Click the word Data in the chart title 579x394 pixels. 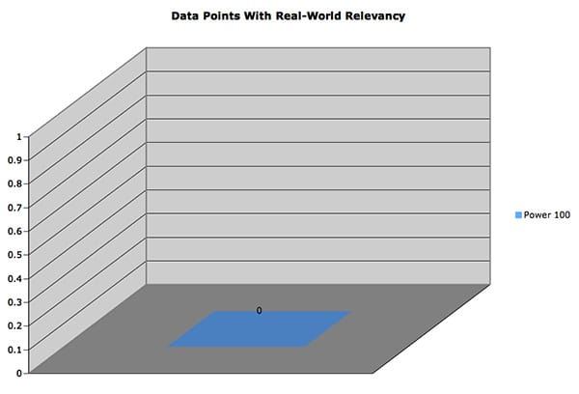coord(187,16)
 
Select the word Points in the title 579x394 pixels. coord(227,16)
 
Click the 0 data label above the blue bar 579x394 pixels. coord(259,311)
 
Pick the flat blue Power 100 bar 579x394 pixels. coord(259,329)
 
